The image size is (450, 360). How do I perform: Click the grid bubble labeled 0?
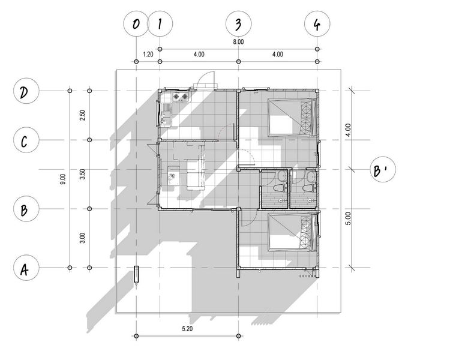coord(136,24)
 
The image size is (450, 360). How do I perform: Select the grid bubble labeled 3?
coord(238,24)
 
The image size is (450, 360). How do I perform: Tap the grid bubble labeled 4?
coord(317,24)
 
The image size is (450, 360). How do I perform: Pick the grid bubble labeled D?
coord(26,91)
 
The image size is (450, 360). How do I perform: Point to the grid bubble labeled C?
coord(26,140)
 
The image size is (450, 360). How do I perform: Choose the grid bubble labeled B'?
coord(383,169)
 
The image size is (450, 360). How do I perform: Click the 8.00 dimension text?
coord(238,42)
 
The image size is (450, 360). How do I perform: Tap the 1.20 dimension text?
coord(148,54)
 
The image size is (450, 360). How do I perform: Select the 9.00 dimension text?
coord(63,179)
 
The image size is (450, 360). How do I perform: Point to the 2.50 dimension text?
coord(83,115)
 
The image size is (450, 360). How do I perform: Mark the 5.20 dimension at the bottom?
coord(187,329)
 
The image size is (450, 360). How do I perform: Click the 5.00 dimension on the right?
coord(348,219)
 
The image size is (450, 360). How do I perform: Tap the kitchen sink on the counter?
coord(166,115)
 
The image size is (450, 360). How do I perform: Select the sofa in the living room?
coord(196,175)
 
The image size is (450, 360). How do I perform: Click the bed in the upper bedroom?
coord(292,118)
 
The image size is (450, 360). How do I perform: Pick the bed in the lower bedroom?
coord(292,233)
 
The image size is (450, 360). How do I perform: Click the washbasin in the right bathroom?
coord(311,176)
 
